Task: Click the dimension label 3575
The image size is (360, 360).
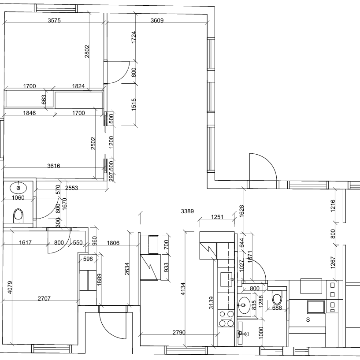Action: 54,20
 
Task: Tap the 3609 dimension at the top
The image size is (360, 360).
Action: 157,20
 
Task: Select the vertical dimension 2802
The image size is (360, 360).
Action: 87,52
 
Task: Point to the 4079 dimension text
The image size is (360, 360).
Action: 10,287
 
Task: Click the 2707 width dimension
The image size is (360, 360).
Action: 44,298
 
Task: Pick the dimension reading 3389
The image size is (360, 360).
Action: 187,211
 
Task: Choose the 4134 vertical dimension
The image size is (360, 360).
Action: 183,289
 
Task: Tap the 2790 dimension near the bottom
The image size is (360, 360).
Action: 179,332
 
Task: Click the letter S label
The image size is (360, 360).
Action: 308,319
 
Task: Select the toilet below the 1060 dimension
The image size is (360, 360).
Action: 19,215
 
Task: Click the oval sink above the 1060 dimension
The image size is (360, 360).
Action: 19,188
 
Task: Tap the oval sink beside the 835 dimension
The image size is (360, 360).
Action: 244,305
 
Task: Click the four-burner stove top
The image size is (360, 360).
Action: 226,319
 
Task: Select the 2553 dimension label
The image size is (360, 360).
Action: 72,188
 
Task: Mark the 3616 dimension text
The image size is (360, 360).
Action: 54,166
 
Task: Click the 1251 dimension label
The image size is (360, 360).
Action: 217,217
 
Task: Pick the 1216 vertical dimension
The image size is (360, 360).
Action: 333,206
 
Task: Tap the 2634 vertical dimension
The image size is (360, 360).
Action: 127,269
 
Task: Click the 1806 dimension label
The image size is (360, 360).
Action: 113,243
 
